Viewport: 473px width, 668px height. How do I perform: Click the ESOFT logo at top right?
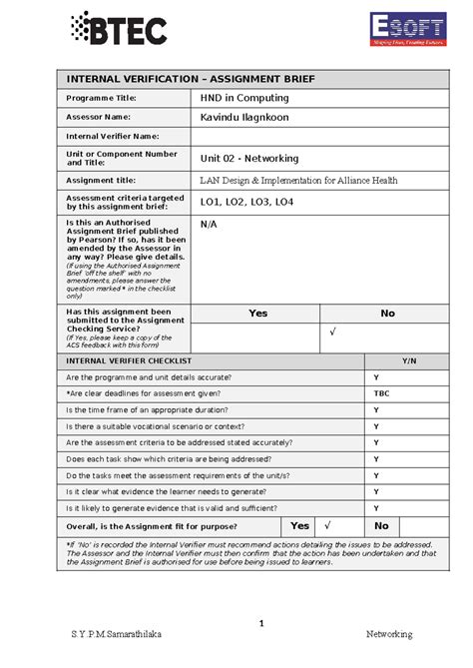405,29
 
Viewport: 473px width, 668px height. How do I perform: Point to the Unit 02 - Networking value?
248,159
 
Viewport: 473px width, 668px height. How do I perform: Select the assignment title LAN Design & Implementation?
298,181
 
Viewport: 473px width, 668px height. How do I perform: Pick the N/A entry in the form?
208,226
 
